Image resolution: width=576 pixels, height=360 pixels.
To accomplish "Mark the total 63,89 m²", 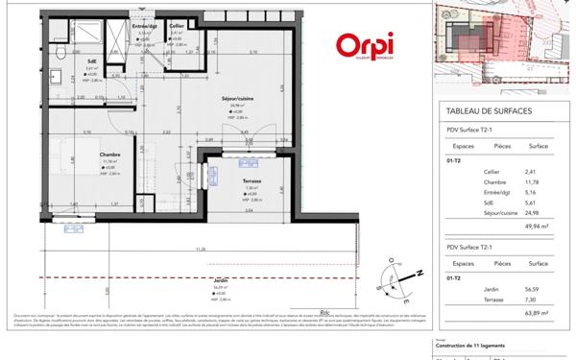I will pos(535,313).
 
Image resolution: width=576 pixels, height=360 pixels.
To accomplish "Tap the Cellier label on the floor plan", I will pos(177,25).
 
